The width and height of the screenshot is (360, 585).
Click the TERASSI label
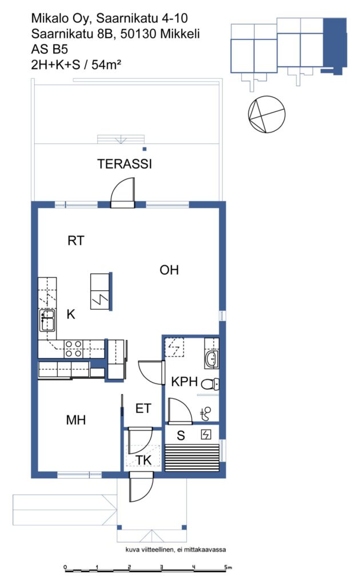[x=125, y=164]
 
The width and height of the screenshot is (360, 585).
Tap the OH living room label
[x=169, y=270]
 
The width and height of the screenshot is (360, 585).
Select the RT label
[x=76, y=241]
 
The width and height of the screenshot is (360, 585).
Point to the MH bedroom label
[x=76, y=420]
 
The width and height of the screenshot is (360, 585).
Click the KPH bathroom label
[x=185, y=382]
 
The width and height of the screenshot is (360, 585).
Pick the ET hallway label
[x=143, y=408]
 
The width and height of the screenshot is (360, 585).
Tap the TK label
[x=143, y=460]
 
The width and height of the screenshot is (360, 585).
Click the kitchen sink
[x=48, y=320]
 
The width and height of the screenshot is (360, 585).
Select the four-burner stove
[x=74, y=349]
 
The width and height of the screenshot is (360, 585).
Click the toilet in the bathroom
[x=210, y=383]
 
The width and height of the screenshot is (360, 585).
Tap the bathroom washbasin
[x=211, y=359]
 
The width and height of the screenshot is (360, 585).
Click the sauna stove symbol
[x=206, y=434]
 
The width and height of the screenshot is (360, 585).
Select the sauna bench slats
[x=192, y=458]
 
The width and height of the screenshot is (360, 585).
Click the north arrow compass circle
[x=267, y=114]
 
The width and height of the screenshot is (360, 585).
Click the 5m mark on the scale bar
[x=227, y=567]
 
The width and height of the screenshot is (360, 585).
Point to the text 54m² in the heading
[x=106, y=65]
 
